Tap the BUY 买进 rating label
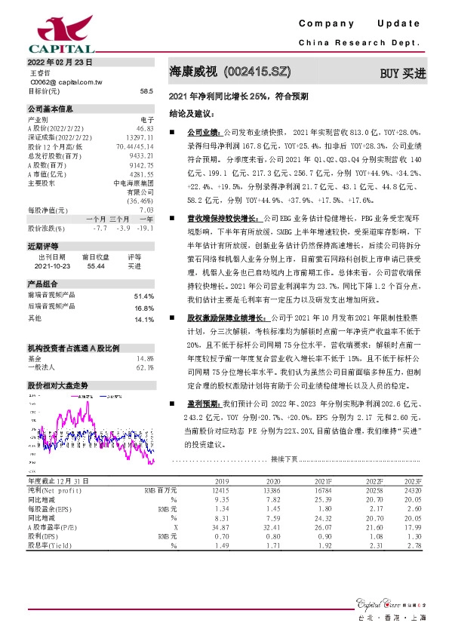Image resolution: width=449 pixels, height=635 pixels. (403, 73)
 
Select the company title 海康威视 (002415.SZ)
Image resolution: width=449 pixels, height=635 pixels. (229, 73)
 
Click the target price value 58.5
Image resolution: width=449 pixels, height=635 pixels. (146, 90)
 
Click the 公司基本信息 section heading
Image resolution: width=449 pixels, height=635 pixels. (51, 109)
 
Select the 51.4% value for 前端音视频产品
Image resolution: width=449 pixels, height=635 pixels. (143, 296)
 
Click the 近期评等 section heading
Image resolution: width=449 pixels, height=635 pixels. (41, 246)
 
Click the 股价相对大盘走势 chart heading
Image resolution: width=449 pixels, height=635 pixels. (57, 385)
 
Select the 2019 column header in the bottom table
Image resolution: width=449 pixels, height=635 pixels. (221, 480)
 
